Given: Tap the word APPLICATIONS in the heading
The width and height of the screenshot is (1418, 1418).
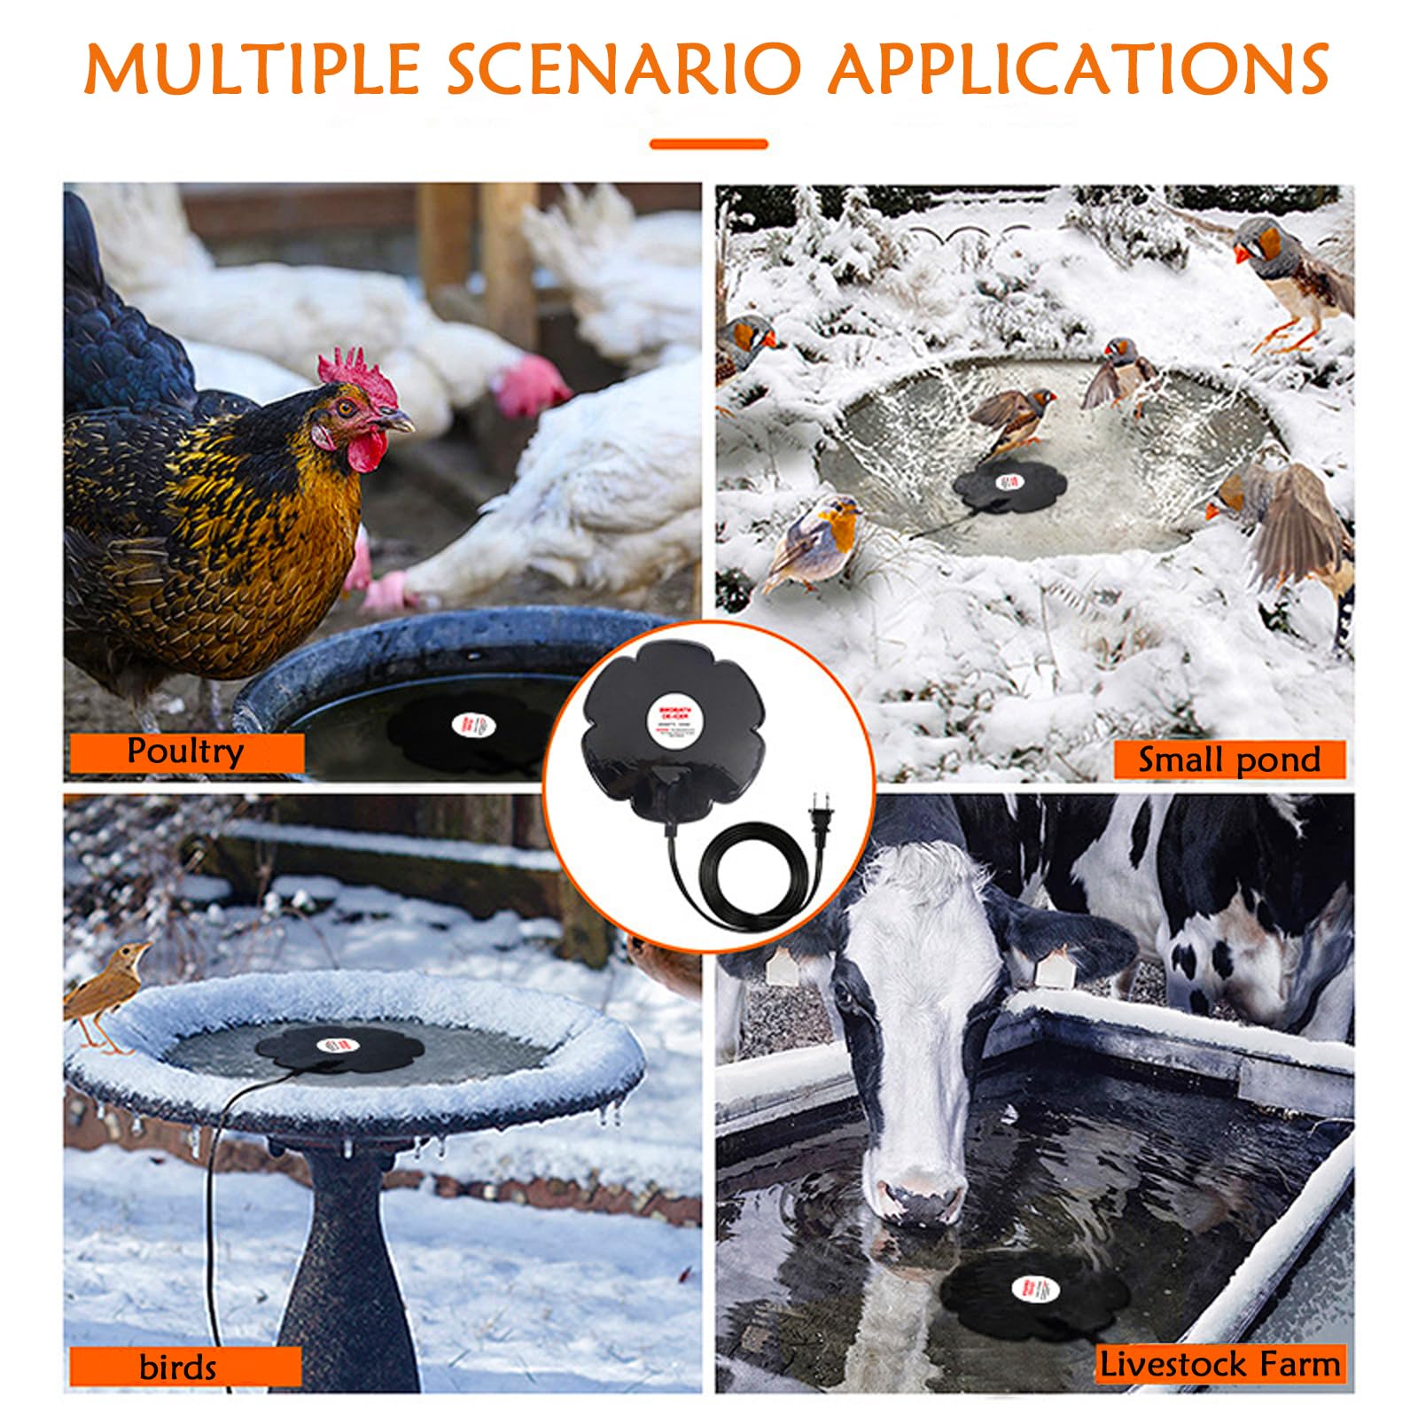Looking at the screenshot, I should coord(1078,69).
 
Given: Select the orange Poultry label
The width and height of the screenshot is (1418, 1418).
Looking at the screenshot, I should coord(186,752).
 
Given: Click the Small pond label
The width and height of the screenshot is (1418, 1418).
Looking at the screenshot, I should coord(1229,760).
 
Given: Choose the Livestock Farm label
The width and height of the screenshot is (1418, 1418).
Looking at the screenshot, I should coord(1220,1364).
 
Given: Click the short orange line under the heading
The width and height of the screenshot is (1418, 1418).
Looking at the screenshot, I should coord(708,144).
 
